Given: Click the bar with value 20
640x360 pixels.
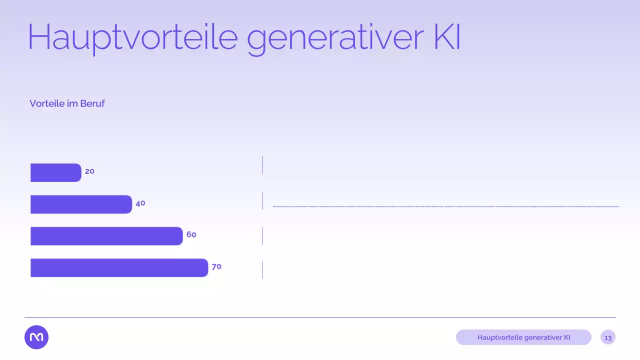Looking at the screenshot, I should point(55,172).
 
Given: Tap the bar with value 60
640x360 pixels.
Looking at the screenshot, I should point(106,236).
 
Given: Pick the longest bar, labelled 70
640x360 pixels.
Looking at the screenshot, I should point(119,267).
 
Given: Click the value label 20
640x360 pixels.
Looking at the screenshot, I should point(89,171).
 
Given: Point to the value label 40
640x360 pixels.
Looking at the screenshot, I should point(140,203).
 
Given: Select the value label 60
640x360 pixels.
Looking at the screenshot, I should point(191,234).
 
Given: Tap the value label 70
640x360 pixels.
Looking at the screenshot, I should point(216,267).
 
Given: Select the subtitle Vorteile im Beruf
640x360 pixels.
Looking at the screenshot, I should point(67,103).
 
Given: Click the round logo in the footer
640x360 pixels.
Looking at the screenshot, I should point(36,337).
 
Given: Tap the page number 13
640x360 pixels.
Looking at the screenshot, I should point(608,337).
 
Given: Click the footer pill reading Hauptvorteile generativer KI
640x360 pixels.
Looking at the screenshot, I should point(523,337).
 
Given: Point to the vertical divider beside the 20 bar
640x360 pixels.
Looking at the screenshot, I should point(262,165).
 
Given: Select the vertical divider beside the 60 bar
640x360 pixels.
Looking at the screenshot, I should point(262,236).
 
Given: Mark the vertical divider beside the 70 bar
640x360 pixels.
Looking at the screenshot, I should point(262,269).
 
